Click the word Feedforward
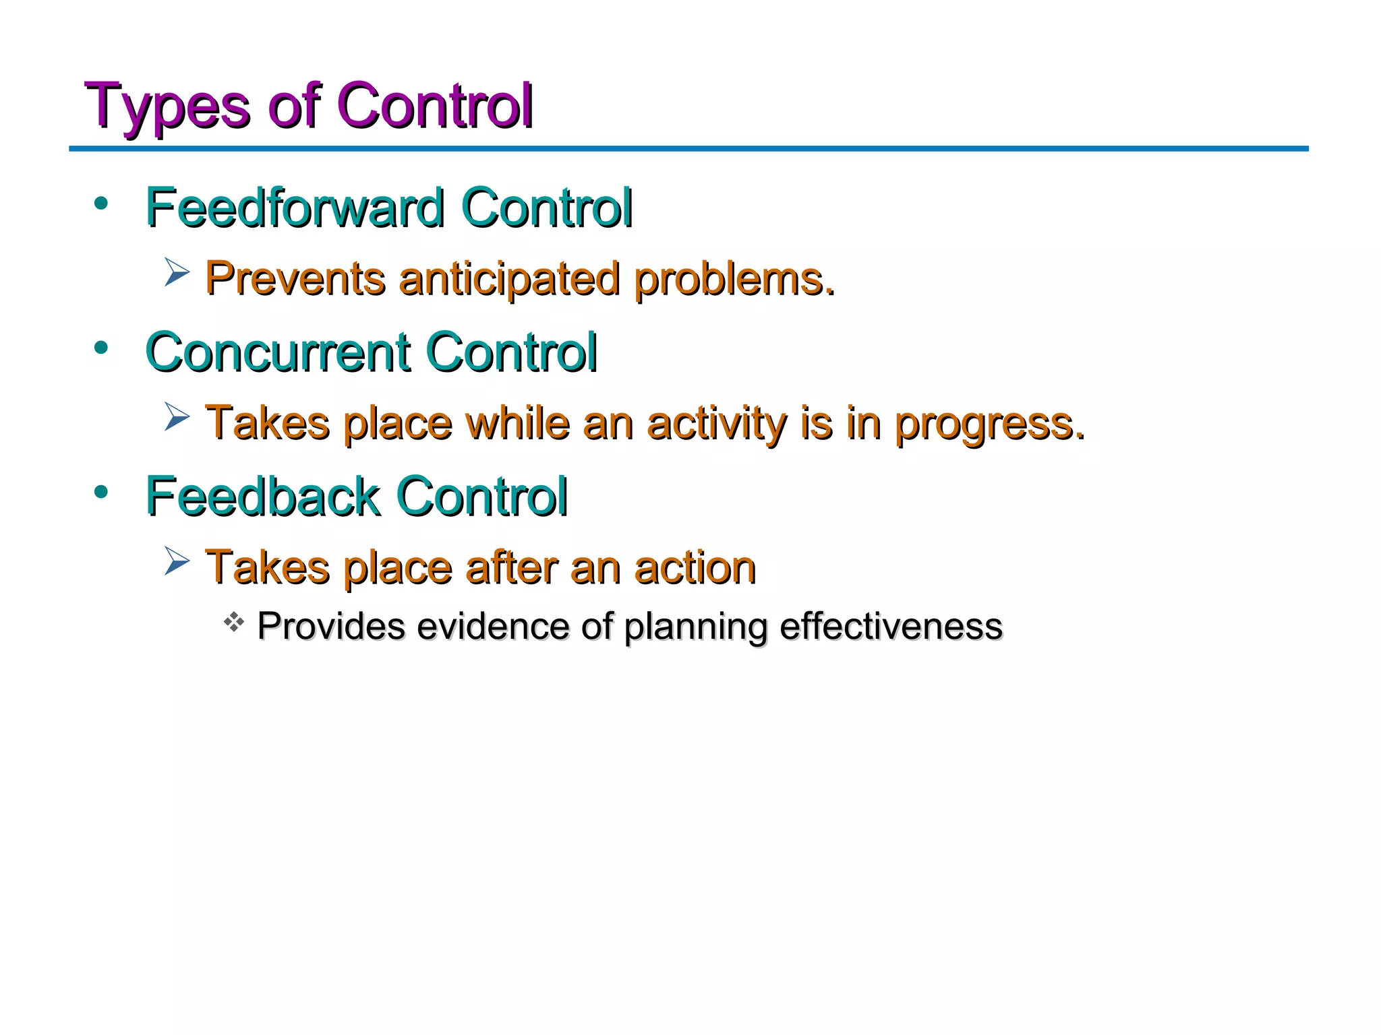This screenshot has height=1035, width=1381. (x=295, y=208)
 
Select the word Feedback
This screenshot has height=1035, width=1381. (x=262, y=497)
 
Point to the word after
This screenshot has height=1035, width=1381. (x=512, y=567)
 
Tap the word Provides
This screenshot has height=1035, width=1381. (x=331, y=627)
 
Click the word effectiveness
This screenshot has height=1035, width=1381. (x=891, y=627)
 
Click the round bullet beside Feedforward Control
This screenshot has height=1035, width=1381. (x=101, y=203)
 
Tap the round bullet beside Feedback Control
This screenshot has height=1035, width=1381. (x=101, y=492)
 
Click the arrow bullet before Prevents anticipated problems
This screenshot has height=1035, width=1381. (x=177, y=273)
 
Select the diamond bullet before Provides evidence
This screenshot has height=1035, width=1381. (x=233, y=622)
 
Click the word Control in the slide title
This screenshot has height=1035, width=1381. (x=434, y=106)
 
